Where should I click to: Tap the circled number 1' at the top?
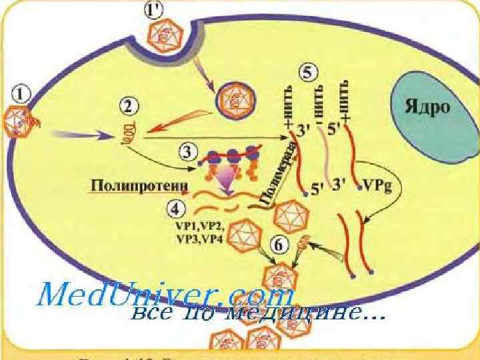tap(153, 10)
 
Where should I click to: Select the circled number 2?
tap(129, 105)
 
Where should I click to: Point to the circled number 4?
tap(176, 208)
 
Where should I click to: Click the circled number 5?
tap(308, 73)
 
